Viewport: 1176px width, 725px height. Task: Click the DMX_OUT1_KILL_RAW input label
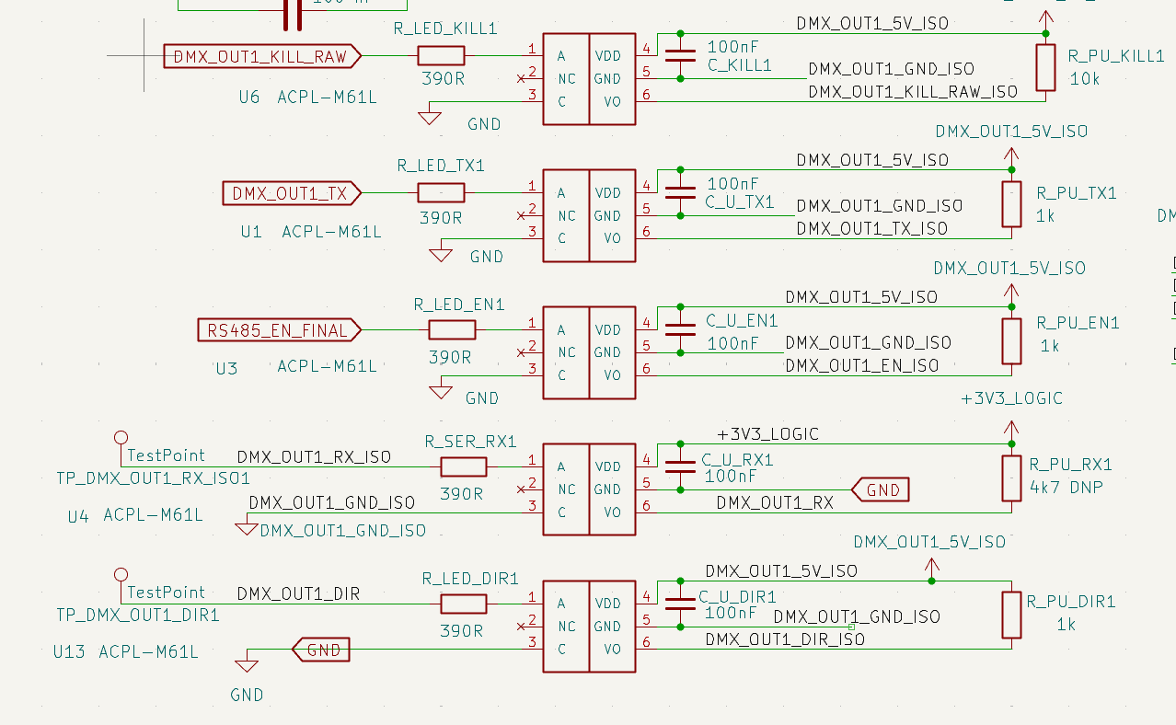261,57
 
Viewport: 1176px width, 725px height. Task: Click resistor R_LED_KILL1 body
441,56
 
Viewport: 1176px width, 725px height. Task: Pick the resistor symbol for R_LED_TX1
441,193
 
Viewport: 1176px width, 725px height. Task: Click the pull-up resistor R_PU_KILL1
1045,68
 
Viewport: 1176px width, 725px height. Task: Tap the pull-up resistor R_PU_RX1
1011,478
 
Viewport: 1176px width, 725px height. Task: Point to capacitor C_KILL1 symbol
680,56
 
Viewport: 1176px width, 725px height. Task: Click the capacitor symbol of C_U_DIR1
680,604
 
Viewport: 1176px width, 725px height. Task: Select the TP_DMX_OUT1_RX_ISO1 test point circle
120,437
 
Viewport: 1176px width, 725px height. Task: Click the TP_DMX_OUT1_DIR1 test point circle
120,574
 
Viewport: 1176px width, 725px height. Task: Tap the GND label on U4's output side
882,490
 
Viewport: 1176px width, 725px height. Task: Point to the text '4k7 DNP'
1066,487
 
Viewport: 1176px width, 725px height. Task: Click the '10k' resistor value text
1085,80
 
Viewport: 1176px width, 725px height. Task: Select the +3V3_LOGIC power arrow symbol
1011,429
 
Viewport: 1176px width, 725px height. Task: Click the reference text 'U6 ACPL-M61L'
307,97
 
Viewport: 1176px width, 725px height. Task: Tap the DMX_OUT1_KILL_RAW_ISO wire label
913,92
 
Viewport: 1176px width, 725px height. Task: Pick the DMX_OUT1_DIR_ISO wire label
785,639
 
